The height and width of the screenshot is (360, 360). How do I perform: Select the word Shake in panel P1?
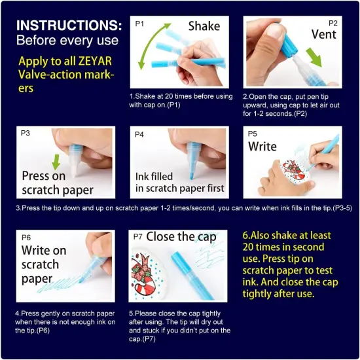click(x=204, y=27)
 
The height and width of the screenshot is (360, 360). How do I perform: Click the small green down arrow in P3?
click(x=57, y=162)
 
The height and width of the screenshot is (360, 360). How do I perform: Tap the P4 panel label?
click(x=139, y=134)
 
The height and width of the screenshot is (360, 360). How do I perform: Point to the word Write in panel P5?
click(x=262, y=147)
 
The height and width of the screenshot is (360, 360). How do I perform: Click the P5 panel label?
click(x=253, y=134)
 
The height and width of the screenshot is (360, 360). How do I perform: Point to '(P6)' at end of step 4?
click(x=35, y=331)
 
